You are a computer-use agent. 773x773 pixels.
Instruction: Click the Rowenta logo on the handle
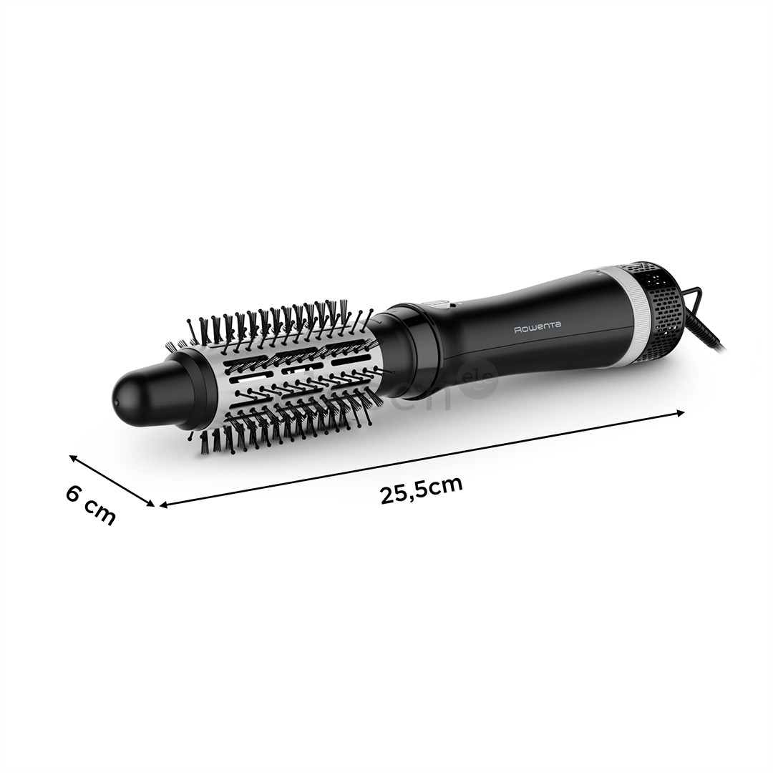(538, 326)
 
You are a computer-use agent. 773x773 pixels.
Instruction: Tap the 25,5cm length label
(421, 490)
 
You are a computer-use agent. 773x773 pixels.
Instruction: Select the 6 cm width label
(91, 504)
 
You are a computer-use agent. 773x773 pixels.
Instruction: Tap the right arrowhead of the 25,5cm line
(681, 412)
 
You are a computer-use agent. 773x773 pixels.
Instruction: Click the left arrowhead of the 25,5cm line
(163, 505)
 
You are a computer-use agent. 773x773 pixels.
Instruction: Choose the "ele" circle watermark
(482, 377)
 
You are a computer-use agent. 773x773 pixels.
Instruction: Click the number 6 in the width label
(73, 493)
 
